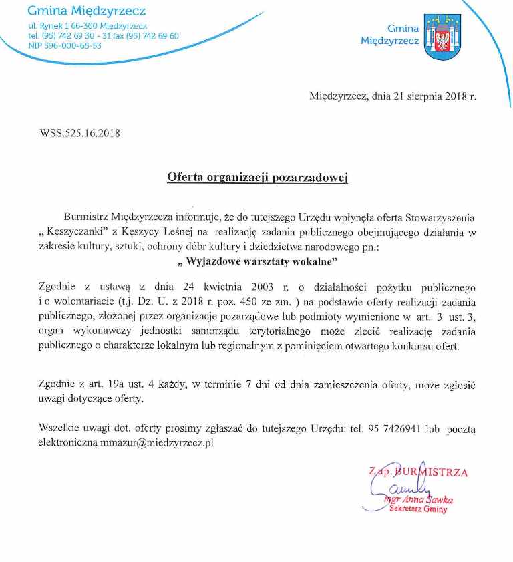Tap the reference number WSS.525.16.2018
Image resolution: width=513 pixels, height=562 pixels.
click(x=80, y=133)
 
